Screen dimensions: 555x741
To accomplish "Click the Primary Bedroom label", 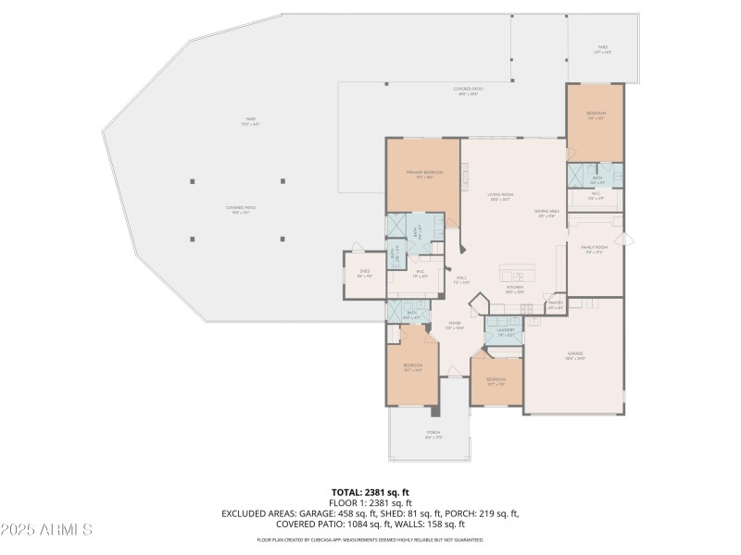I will coord(423,174).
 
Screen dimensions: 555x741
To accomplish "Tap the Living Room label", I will coord(500,196).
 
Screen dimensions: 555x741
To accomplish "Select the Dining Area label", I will coord(546,214).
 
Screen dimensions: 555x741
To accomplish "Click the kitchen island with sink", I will coord(517,275).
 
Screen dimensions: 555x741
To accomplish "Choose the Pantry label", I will coord(556,303).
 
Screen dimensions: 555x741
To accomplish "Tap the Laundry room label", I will coord(505,331).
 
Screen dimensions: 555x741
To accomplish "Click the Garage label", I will coord(574,355).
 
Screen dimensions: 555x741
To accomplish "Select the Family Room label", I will coord(594,249).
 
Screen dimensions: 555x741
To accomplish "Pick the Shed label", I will coord(365,273).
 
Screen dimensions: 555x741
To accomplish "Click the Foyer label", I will coord(455,325).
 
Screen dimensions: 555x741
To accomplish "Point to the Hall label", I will coord(460,279).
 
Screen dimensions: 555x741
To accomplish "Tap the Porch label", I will coord(433,434).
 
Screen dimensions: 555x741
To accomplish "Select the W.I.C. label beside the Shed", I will coord(420,273).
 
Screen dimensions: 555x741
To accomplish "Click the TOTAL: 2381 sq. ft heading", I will coord(370,491).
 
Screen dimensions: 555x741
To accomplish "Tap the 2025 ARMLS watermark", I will coord(46,530).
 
